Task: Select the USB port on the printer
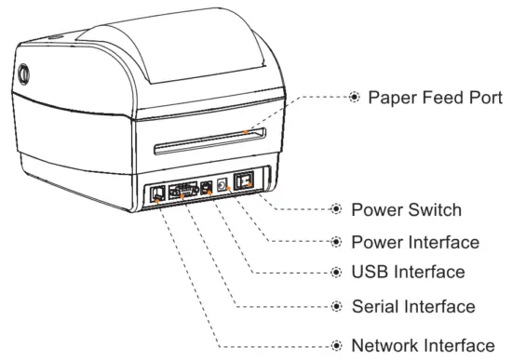coord(207,188)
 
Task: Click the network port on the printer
coord(157,193)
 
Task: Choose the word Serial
coord(377,305)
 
